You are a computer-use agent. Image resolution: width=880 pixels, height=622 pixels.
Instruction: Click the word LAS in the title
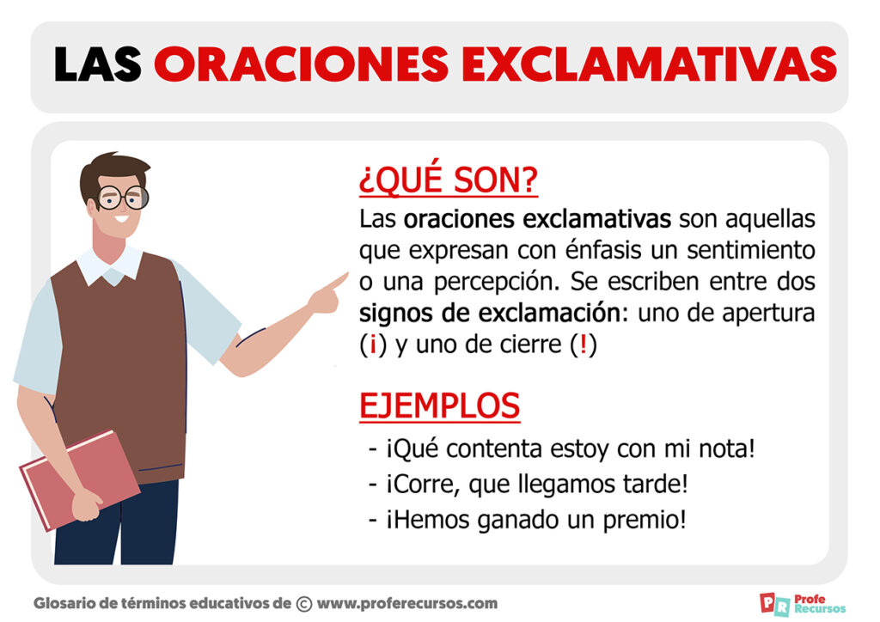click(97, 64)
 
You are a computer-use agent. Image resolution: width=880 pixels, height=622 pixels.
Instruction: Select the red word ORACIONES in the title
click(301, 64)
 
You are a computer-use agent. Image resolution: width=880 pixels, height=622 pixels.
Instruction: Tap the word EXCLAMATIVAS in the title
click(650, 64)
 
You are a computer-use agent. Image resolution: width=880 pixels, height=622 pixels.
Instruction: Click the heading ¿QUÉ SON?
click(449, 180)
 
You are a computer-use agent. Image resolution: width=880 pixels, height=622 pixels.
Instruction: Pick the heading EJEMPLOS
click(439, 406)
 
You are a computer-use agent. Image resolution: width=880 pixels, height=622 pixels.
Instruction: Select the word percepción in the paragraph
click(497, 282)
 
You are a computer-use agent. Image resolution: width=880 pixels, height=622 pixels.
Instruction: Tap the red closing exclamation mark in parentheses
click(584, 344)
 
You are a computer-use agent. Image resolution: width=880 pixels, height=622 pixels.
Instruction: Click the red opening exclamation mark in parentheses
click(373, 345)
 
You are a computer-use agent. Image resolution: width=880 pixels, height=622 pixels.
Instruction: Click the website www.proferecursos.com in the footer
click(406, 603)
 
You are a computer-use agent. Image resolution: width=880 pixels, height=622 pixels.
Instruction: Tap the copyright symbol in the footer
click(303, 604)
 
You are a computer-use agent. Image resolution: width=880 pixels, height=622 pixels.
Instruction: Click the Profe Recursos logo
click(804, 604)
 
